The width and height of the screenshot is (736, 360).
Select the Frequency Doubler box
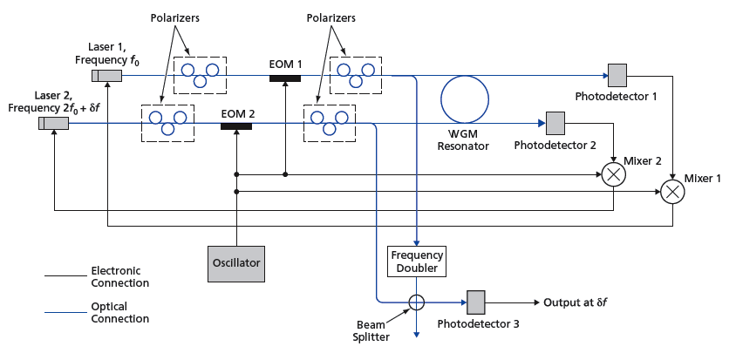click(417, 262)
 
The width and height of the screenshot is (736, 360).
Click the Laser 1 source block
click(109, 76)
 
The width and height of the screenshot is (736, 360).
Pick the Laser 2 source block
click(53, 123)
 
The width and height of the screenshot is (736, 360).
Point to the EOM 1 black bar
click(285, 78)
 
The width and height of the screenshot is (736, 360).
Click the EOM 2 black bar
click(236, 126)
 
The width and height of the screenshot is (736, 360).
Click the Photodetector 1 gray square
click(617, 75)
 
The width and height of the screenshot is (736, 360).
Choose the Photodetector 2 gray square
click(555, 122)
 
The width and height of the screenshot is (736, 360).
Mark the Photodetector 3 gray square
click(476, 302)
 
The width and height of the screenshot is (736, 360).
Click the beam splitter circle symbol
click(417, 302)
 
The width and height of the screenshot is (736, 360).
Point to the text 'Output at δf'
click(575, 302)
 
